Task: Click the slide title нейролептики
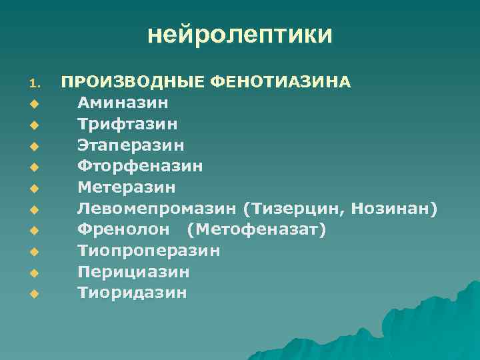[x=239, y=34]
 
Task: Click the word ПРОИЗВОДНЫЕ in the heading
[x=133, y=82]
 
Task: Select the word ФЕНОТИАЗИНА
[x=280, y=82]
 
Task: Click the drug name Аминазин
[x=123, y=103]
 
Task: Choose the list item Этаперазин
[x=131, y=145]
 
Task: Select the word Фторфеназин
[x=140, y=166]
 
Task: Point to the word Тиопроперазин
[x=149, y=251]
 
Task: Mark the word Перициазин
[x=133, y=272]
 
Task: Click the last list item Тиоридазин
[x=132, y=293]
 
